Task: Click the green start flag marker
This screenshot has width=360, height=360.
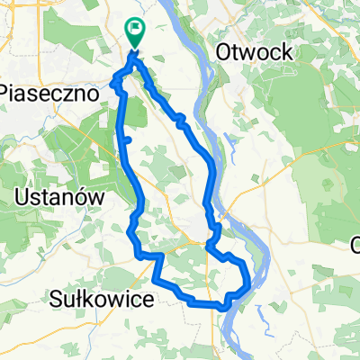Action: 134,32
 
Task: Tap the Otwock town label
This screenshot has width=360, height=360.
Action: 254,53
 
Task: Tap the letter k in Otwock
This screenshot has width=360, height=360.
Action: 285,53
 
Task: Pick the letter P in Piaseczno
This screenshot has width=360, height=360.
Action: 7,92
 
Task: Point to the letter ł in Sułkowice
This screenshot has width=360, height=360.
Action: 81,300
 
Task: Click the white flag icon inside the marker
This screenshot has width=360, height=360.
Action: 136,28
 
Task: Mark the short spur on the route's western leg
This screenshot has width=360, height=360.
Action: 128,139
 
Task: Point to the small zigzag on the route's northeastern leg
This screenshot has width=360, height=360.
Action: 181,118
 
